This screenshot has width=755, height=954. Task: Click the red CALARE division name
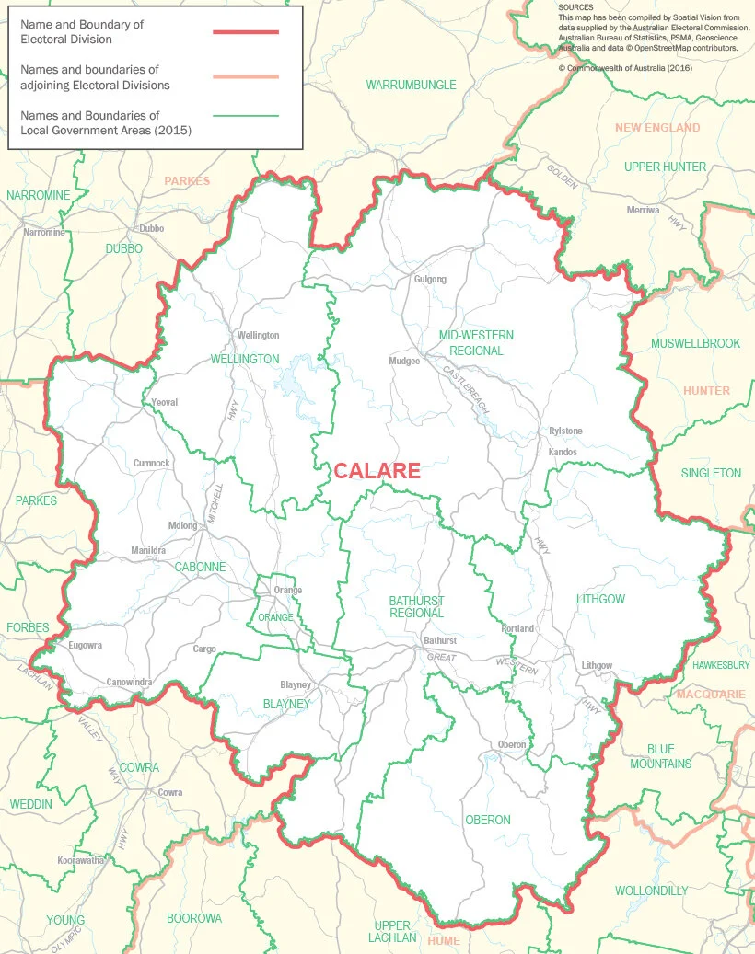pos(377,471)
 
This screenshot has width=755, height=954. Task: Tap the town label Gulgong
pos(430,279)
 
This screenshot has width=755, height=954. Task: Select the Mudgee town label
pos(404,361)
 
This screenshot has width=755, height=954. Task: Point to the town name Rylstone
pos(565,431)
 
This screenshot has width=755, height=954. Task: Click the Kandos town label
pos(563,452)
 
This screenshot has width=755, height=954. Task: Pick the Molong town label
pos(182,525)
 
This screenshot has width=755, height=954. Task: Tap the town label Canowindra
pos(129,682)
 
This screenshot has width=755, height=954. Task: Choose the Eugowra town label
pos(86,645)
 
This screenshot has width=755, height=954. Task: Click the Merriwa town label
pos(643,210)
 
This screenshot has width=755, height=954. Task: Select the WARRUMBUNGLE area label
pos(411,85)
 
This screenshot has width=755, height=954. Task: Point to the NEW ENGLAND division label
pos(657,128)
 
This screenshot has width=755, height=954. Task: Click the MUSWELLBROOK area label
pos(695,343)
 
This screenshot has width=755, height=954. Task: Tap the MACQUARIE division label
pos(710,694)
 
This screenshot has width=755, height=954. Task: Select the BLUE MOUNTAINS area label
pos(660,756)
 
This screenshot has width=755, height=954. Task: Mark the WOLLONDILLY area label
pos(651,891)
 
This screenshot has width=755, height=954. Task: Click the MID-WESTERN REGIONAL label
pos(476,342)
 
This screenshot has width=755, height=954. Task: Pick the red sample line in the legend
pos(245,32)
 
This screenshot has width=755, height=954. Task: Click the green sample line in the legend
pos(245,116)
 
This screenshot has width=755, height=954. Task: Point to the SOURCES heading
pos(575,7)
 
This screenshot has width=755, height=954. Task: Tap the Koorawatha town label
pos(80,860)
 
